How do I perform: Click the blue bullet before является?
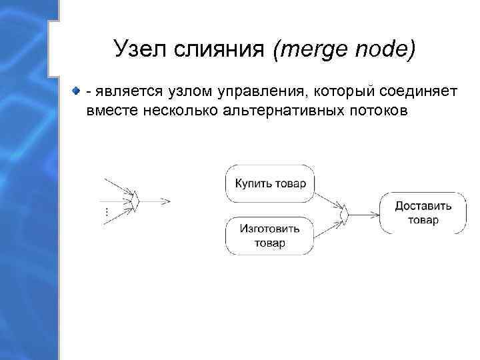point(77,90)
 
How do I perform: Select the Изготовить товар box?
point(270,235)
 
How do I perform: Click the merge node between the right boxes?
point(345,213)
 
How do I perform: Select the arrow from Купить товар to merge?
point(327,199)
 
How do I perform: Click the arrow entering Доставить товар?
point(364,213)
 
